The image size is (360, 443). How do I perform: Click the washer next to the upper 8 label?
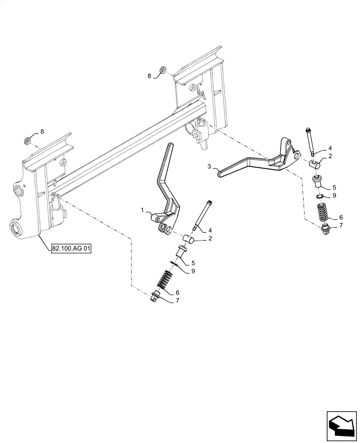pyautogui.click(x=164, y=70)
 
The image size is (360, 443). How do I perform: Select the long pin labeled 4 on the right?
pyautogui.click(x=310, y=141)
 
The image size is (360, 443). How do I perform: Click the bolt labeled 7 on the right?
pyautogui.click(x=326, y=229)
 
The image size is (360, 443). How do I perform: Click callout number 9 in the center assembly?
pyautogui.click(x=192, y=271)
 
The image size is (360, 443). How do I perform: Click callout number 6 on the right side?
pyautogui.click(x=340, y=218)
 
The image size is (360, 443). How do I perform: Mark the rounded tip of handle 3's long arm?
pyautogui.click(x=220, y=174)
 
